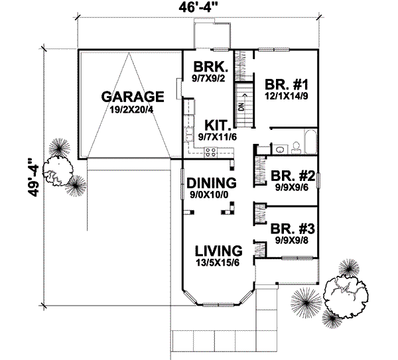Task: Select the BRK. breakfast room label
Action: click(210, 67)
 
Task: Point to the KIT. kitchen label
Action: click(216, 125)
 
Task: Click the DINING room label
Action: click(211, 183)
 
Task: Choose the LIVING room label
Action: click(218, 251)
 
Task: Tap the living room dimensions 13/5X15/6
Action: click(218, 263)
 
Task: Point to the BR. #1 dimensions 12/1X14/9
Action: click(287, 97)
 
